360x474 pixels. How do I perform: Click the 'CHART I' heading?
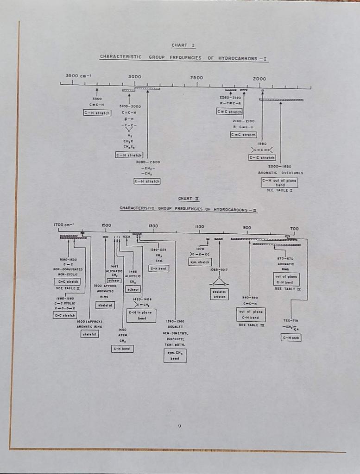[x=179, y=45]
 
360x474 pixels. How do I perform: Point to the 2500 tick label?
[x=196, y=77]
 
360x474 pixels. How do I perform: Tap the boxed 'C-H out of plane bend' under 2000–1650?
[x=279, y=182]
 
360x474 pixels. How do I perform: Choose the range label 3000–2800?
[x=147, y=162]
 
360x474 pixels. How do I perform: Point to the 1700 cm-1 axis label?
[x=64, y=225]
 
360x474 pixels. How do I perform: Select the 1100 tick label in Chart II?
[x=200, y=226]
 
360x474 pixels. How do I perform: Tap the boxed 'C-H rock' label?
[x=291, y=338]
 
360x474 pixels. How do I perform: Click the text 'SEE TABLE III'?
[x=250, y=325]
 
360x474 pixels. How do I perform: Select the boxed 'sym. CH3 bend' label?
[x=175, y=355]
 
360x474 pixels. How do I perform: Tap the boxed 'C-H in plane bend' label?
[x=141, y=315]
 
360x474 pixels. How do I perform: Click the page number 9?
[x=179, y=426]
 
